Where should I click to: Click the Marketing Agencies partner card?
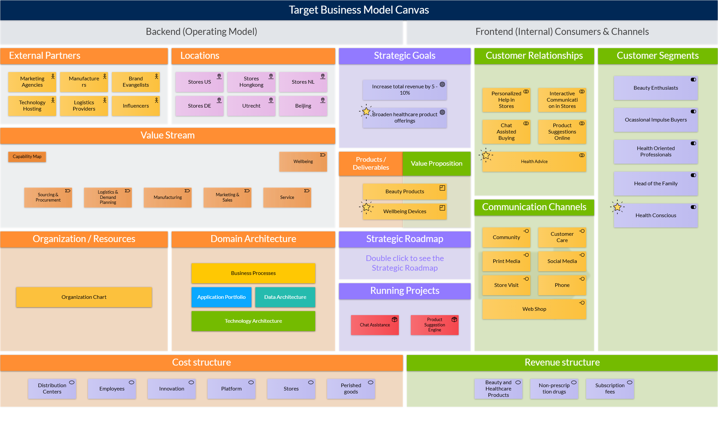[32, 82]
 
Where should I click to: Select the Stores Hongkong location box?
[251, 82]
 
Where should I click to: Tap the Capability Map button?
[27, 157]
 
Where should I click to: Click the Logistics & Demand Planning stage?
[108, 198]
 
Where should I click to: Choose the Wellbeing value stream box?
[303, 162]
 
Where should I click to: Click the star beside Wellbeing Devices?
[366, 208]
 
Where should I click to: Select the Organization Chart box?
[84, 297]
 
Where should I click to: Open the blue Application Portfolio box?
[222, 297]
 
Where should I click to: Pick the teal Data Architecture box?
[285, 297]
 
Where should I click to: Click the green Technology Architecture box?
[253, 321]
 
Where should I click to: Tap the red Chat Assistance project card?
[375, 325]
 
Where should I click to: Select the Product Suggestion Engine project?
[434, 325]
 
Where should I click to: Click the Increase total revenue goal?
[404, 90]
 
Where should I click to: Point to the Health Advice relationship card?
[534, 162]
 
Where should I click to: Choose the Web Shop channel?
[534, 309]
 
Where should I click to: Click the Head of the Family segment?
[656, 184]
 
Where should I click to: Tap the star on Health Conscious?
[617, 208]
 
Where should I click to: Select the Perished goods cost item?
[351, 389]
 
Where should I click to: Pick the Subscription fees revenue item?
[610, 389]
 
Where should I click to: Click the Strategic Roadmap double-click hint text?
[404, 263]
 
